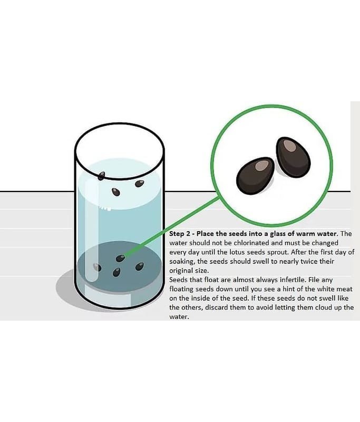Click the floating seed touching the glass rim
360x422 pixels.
[101, 176]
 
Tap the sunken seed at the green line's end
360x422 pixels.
[120, 258]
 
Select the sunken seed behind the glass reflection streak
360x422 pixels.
[97, 267]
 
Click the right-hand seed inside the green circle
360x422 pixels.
[293, 157]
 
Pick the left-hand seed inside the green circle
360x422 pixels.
[256, 176]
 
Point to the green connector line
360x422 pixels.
[171, 226]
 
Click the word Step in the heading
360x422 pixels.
[176, 234]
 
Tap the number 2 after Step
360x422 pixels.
[188, 234]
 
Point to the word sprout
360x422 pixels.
[277, 253]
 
